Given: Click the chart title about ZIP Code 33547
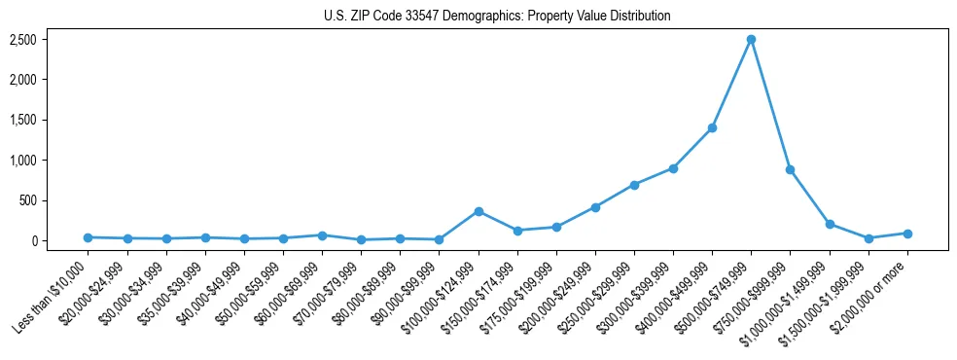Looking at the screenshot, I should (x=497, y=16).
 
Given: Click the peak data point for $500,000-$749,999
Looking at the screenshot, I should (x=751, y=40).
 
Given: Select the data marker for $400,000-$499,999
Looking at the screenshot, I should (x=712, y=127).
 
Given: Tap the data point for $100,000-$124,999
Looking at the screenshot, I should (x=478, y=211).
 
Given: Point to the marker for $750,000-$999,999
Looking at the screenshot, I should (x=790, y=169).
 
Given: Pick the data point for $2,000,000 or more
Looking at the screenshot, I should (x=906, y=234).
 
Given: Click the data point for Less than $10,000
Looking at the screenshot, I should (x=88, y=237).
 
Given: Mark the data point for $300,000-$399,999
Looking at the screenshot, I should (x=673, y=168).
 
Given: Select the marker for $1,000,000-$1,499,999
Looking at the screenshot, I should (x=829, y=224).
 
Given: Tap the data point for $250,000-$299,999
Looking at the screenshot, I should (x=634, y=185).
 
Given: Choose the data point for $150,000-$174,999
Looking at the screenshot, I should (x=517, y=231).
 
